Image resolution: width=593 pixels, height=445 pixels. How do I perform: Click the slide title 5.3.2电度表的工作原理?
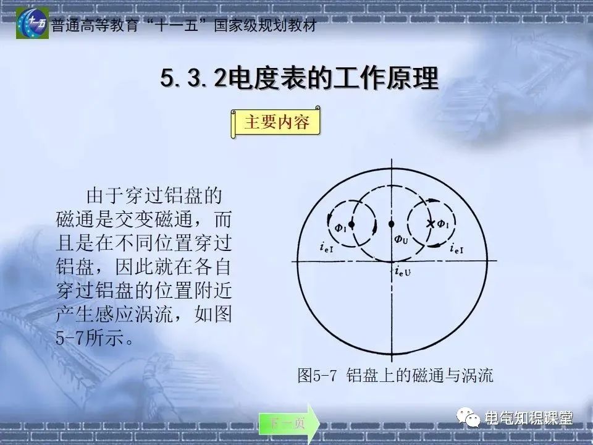(x=299, y=80)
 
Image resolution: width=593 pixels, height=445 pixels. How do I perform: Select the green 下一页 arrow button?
(x=288, y=423)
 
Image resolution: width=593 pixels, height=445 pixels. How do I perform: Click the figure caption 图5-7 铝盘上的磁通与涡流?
(x=395, y=375)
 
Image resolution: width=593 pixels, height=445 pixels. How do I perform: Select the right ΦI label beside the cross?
(x=443, y=224)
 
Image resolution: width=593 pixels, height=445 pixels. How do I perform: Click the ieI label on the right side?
(x=458, y=248)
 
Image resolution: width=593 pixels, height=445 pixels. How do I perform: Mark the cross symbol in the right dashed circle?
(x=431, y=223)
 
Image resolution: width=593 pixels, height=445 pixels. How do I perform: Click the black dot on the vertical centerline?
(x=391, y=223)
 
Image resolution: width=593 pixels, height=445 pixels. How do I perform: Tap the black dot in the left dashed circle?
(x=351, y=223)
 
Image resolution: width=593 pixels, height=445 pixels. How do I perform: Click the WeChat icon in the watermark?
(x=471, y=418)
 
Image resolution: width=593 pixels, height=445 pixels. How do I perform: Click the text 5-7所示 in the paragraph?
(x=87, y=339)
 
